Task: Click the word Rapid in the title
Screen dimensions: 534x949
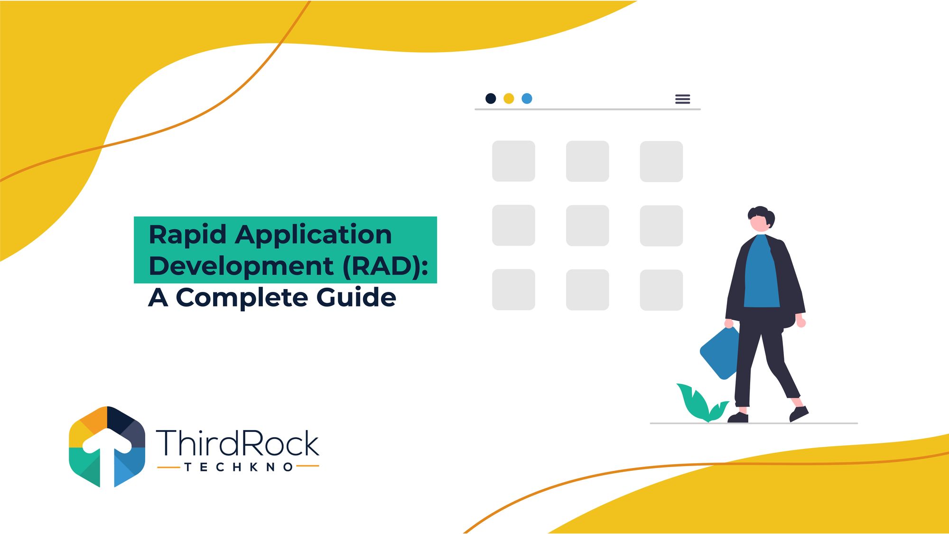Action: coord(187,235)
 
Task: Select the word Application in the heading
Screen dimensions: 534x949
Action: coord(314,235)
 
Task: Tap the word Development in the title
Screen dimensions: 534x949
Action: coord(241,266)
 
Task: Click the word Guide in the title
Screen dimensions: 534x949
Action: coord(356,297)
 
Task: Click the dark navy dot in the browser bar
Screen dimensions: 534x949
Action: coord(491,98)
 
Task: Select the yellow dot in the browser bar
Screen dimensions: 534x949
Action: coord(509,98)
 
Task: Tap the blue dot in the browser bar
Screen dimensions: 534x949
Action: coord(527,98)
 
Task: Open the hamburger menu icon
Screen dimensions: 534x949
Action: coord(682,99)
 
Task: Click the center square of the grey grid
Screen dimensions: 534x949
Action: coord(587,225)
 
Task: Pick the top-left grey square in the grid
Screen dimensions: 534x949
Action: coord(513,161)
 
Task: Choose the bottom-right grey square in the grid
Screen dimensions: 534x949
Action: coord(661,290)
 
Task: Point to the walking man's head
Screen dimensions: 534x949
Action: coord(761,219)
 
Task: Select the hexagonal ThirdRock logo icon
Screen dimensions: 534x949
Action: coord(107,447)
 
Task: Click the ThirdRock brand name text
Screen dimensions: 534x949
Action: coord(238,442)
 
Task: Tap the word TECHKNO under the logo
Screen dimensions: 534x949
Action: coord(239,467)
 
